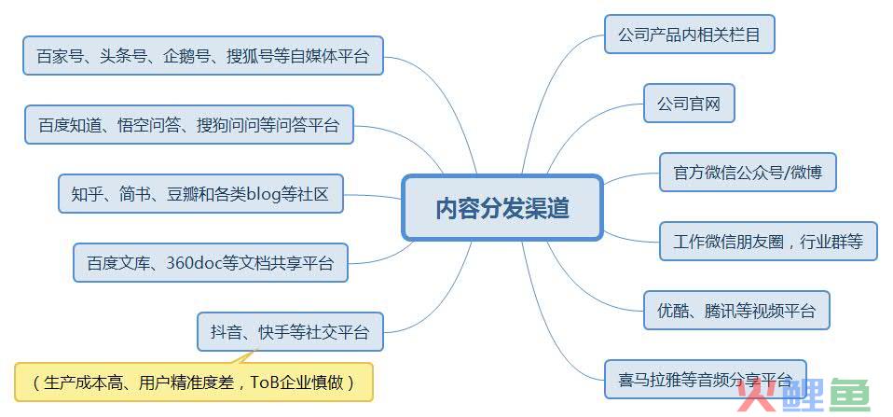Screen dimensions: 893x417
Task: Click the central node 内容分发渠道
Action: tap(502, 207)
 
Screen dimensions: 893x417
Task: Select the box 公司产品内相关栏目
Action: tap(689, 35)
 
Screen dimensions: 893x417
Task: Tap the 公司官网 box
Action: tap(689, 104)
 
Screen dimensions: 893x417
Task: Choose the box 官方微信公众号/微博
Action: tap(748, 172)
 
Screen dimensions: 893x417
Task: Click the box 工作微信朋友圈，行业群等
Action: tap(768, 242)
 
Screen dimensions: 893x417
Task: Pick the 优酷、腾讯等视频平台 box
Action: tap(736, 311)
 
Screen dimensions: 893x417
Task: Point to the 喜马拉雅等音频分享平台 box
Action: tap(705, 379)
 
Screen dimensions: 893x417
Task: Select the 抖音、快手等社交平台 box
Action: tap(290, 331)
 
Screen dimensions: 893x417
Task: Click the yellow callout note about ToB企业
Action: tap(194, 382)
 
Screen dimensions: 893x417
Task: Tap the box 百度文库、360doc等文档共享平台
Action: tap(210, 263)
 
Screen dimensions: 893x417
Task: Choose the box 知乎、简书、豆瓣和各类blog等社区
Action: tap(200, 194)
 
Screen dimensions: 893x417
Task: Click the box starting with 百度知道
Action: tap(189, 124)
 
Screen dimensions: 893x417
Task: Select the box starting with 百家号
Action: tap(203, 56)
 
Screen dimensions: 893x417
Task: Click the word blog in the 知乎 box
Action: tap(265, 194)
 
